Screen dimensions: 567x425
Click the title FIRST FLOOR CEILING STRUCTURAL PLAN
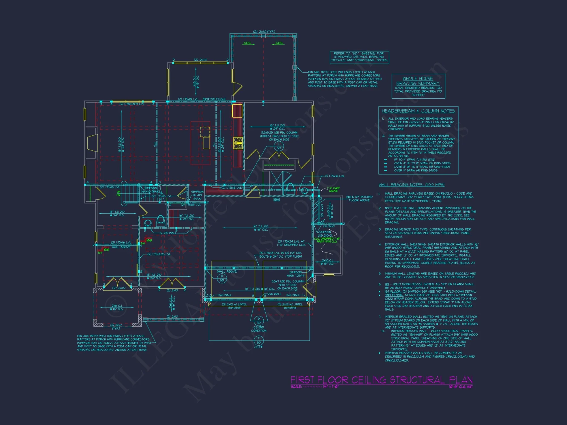coord(382,380)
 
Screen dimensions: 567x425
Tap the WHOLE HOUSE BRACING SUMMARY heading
coord(418,81)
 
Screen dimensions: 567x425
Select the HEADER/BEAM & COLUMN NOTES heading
coord(418,111)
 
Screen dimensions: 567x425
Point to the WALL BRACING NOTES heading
coord(411,185)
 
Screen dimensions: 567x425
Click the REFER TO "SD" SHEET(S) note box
coord(359,57)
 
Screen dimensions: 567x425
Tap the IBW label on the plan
coord(276,200)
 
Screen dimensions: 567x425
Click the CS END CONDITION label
coord(259,329)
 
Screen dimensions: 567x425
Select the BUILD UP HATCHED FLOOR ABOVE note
coord(359,199)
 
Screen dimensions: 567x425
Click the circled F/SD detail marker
coord(259,340)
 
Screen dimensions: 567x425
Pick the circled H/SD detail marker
coord(222,278)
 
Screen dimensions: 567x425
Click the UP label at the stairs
coord(119,193)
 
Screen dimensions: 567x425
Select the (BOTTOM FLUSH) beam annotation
coord(214,99)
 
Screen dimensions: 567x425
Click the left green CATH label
coord(247,43)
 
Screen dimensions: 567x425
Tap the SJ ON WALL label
coord(168,233)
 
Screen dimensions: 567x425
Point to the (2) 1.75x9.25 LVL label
coord(159,254)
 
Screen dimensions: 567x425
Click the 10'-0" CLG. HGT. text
coord(461,387)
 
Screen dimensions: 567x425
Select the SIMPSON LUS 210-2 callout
coord(325,234)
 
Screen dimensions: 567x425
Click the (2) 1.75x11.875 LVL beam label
coord(132,104)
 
